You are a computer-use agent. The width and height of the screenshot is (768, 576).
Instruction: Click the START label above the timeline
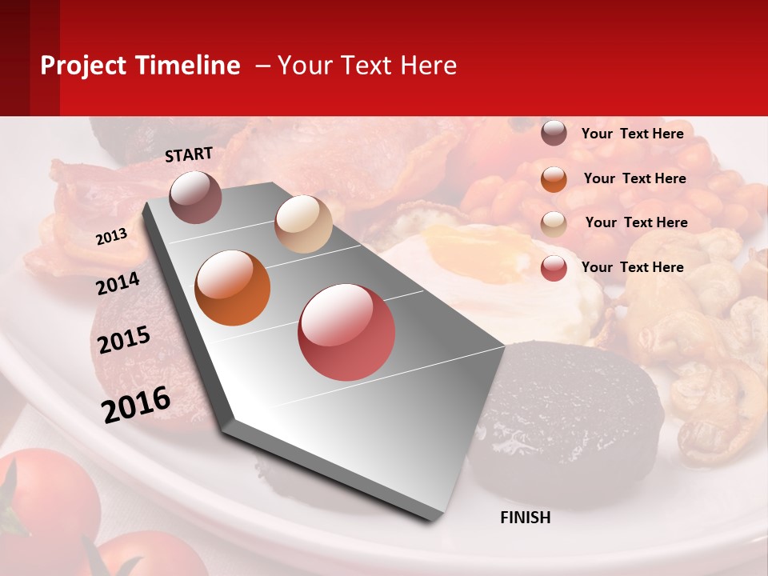tap(189, 154)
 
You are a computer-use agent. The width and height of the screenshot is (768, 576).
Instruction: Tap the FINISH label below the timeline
tap(525, 518)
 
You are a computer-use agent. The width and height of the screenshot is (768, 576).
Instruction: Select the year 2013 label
tap(111, 237)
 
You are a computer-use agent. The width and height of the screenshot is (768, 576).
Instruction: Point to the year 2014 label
tap(118, 283)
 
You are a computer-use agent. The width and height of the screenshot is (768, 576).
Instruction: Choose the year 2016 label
tap(136, 404)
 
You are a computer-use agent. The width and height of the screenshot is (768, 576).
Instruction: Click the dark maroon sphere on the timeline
tap(195, 197)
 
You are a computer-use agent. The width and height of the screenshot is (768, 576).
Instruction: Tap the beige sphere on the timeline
tap(303, 224)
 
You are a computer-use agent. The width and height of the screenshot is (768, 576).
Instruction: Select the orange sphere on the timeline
tap(233, 288)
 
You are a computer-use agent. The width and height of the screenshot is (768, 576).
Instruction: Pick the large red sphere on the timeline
tap(346, 332)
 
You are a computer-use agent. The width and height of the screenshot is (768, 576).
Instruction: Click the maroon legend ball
tap(554, 134)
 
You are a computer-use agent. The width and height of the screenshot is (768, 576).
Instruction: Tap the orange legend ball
tap(554, 179)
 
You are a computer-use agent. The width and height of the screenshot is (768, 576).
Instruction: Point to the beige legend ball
tap(554, 223)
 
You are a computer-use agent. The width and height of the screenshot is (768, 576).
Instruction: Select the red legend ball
tap(554, 268)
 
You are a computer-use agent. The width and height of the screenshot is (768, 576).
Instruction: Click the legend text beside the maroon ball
tap(632, 134)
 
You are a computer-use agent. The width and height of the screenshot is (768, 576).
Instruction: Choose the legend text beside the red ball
tap(632, 267)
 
